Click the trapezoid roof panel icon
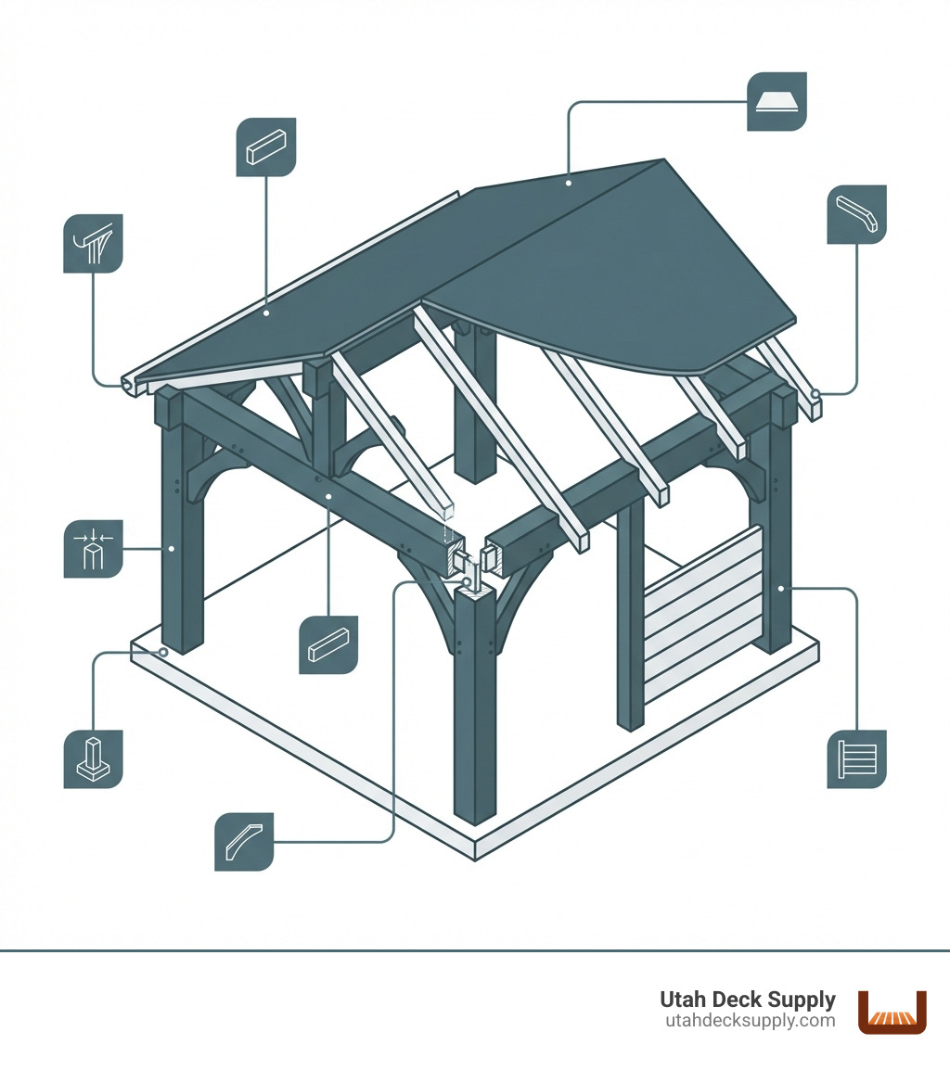(x=777, y=101)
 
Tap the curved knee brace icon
(x=244, y=842)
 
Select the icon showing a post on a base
(x=93, y=759)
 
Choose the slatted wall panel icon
(x=856, y=759)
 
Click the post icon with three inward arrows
(x=93, y=549)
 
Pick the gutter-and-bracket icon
(x=93, y=244)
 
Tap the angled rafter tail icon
(x=856, y=214)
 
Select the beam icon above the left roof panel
(x=266, y=146)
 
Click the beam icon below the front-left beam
(x=328, y=643)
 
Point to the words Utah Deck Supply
(x=748, y=1000)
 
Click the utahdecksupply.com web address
(x=751, y=1021)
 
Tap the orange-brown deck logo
(x=892, y=1012)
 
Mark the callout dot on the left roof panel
(x=266, y=313)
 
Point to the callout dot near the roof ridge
(x=568, y=183)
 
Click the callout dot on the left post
(x=173, y=549)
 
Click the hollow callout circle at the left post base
(x=163, y=653)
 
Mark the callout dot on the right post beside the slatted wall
(x=781, y=588)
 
